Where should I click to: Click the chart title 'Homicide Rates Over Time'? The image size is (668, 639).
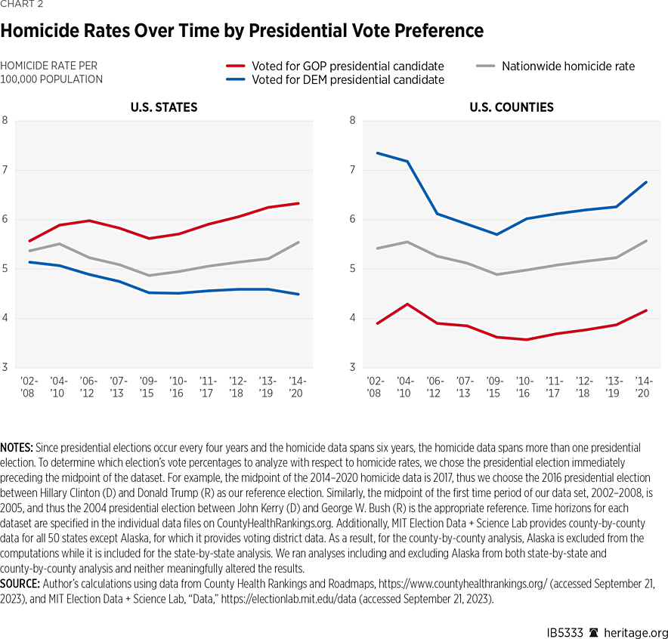(242, 31)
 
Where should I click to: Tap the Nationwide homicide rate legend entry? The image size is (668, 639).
(567, 66)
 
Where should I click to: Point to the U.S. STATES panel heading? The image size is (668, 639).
(164, 107)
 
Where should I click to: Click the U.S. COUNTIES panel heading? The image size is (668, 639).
(511, 107)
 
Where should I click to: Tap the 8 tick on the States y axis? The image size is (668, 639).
(5, 120)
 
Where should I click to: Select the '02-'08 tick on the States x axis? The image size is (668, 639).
(28, 387)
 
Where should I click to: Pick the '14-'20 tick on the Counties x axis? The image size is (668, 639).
(645, 387)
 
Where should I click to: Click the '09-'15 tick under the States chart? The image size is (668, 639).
(149, 387)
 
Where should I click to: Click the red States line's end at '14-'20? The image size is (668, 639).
(298, 203)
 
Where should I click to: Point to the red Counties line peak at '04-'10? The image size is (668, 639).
(407, 304)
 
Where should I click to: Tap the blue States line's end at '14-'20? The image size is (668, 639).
(298, 295)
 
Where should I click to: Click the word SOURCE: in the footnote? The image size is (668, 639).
(22, 584)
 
